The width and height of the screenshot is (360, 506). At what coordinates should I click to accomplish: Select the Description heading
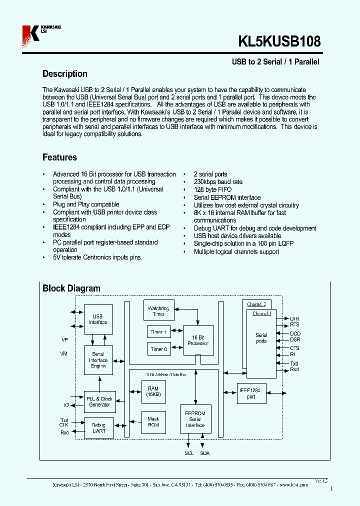[x=64, y=74]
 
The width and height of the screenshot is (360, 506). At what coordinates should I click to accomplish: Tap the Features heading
[x=59, y=157]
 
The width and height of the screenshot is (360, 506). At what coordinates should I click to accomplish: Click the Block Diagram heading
[x=71, y=288]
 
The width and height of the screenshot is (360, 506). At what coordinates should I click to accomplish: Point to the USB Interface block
[x=98, y=319]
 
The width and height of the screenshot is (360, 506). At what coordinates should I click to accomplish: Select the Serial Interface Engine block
[x=98, y=360]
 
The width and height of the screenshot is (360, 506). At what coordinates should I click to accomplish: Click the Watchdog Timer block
[x=158, y=311]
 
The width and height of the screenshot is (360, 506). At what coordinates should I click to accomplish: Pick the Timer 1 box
[x=158, y=332]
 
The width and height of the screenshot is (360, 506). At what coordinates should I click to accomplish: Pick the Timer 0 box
[x=158, y=349]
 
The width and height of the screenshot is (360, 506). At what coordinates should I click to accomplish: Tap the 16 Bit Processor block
[x=198, y=340]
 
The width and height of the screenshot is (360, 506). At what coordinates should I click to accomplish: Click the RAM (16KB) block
[x=153, y=391]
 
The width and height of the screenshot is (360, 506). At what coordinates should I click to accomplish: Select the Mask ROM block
[x=153, y=422]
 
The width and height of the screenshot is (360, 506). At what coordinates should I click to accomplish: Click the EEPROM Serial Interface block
[x=195, y=419]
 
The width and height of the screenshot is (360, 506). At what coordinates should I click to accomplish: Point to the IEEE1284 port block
[x=251, y=393]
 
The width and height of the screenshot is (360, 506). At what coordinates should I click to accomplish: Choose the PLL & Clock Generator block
[x=99, y=401]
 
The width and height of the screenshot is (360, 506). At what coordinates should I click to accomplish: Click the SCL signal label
[x=188, y=453]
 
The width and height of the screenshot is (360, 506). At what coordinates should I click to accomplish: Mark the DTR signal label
[x=294, y=318]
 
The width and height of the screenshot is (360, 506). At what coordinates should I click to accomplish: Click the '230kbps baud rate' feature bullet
[x=218, y=182]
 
